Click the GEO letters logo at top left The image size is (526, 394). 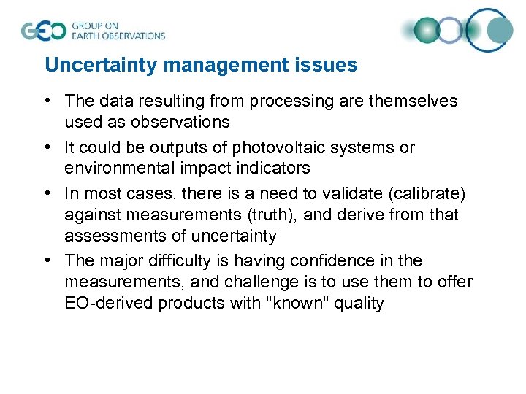[44, 31]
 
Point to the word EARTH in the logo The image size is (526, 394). [87, 35]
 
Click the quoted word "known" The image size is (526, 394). [300, 302]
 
